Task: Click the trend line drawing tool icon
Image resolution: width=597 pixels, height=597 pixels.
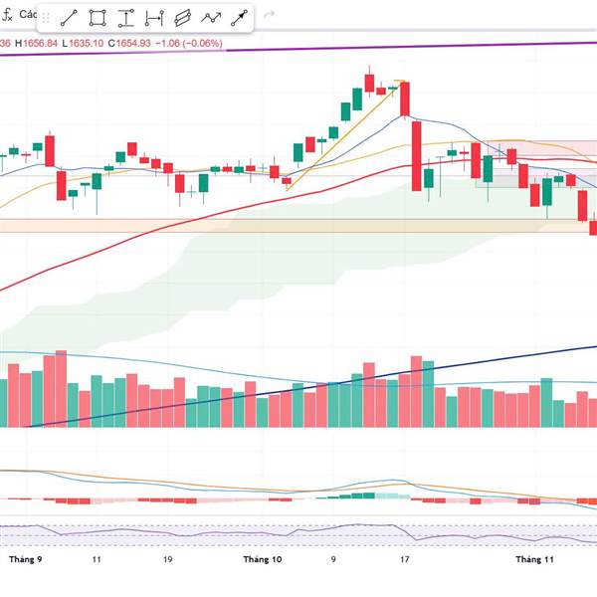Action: [x=69, y=18]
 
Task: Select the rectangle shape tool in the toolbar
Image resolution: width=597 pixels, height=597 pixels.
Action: [x=98, y=18]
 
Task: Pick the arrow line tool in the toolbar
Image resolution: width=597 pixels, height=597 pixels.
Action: [x=240, y=18]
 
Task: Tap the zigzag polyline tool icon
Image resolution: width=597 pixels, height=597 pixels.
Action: [x=211, y=18]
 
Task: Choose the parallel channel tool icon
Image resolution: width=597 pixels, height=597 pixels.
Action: [x=182, y=18]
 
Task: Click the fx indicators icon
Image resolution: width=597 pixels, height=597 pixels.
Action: [x=9, y=17]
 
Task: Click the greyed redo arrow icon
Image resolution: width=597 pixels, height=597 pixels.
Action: [x=269, y=17]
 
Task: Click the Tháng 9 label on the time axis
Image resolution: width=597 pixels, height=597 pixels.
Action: [x=26, y=560]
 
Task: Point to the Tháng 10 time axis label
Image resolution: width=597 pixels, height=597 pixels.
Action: [x=263, y=560]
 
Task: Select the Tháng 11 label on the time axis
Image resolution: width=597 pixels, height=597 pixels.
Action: [x=534, y=560]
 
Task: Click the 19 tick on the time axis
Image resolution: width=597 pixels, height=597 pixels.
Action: [x=168, y=560]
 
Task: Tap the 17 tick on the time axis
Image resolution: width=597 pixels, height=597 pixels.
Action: [x=405, y=560]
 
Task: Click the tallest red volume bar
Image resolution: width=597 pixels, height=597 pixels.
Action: [x=61, y=388]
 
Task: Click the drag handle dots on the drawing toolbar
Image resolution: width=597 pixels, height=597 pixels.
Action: [x=46, y=18]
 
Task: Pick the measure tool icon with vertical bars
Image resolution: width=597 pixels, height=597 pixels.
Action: [x=154, y=18]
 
